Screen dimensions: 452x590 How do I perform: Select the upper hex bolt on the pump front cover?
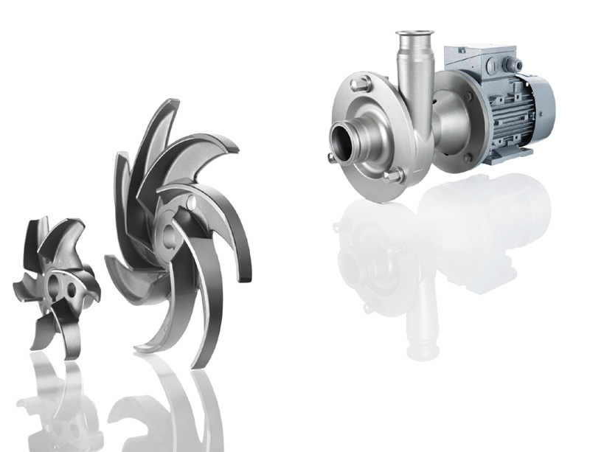pyautogui.click(x=361, y=82)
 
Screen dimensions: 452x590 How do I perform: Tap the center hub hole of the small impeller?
pyautogui.click(x=53, y=283)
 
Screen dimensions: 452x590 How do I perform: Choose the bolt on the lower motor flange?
pyautogui.click(x=466, y=157)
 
